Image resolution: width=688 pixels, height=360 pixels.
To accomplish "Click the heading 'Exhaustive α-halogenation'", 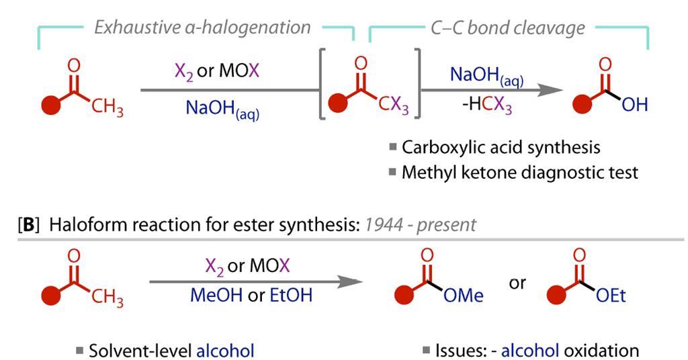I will click(x=202, y=28).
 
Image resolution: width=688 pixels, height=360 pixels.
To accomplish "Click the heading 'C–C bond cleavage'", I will click(x=507, y=28).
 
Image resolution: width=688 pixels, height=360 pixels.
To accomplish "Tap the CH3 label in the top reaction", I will click(x=107, y=109).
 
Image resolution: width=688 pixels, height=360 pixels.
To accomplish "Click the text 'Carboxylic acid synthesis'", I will click(x=501, y=146).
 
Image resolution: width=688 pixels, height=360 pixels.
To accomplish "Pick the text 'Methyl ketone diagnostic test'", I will click(x=519, y=173).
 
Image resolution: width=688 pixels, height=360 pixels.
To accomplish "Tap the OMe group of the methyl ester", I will click(x=466, y=296).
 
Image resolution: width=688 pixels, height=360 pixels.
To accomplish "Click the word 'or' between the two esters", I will click(x=517, y=282).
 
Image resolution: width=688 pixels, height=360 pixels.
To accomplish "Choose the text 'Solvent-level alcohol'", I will click(x=171, y=350).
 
